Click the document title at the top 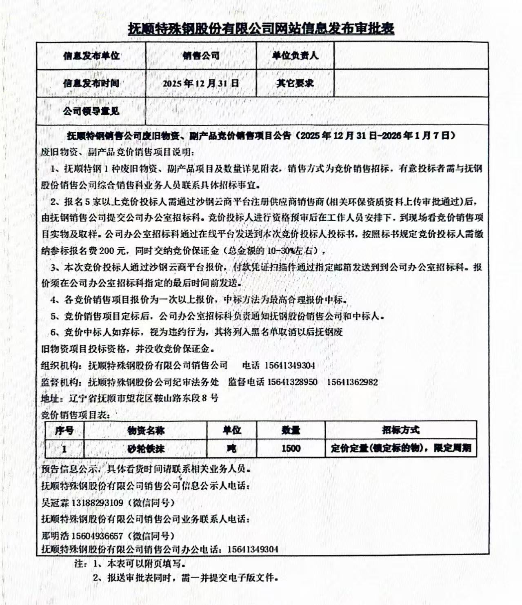tap(261, 29)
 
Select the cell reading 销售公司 tap(201, 55)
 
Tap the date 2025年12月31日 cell tap(201, 83)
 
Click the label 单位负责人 tap(295, 55)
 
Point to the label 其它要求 tap(295, 83)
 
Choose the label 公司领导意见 tap(91, 111)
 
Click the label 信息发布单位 tap(91, 55)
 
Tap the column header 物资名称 tap(146, 430)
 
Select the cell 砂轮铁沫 tap(146, 449)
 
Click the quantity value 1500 tap(291, 449)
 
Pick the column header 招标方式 tap(400, 430)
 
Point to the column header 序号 tap(64, 430)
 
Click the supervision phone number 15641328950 tap(292, 382)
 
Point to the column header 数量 tap(291, 430)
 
